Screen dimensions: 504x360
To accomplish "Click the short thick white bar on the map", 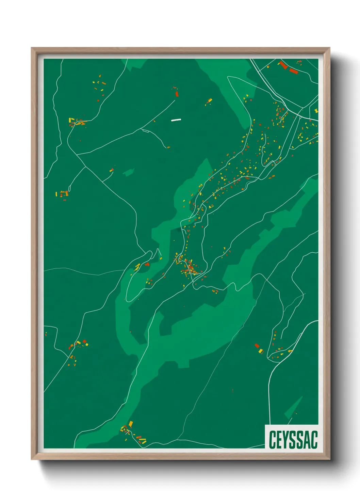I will (x=176, y=120).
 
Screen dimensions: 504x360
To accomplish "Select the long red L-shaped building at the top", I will (x=283, y=65).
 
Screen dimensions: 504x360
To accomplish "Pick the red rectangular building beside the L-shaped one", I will (x=293, y=71).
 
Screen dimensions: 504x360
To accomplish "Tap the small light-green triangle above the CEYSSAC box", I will (x=295, y=407).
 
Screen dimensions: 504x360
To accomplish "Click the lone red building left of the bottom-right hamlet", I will (x=257, y=346).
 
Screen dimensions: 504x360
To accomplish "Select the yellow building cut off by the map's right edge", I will (x=316, y=111).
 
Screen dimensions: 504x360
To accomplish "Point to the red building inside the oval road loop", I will (x=147, y=264).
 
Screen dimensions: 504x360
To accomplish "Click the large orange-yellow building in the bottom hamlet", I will (x=131, y=424).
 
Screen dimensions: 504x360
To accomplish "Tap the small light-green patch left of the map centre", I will (x=128, y=173).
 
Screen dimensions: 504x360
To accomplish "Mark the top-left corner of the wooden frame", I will (x=32, y=48).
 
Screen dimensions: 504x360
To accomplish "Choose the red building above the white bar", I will (x=177, y=93).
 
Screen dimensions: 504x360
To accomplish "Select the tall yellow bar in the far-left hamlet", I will (x=56, y=194).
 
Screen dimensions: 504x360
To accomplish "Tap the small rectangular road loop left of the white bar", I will (x=145, y=130).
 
